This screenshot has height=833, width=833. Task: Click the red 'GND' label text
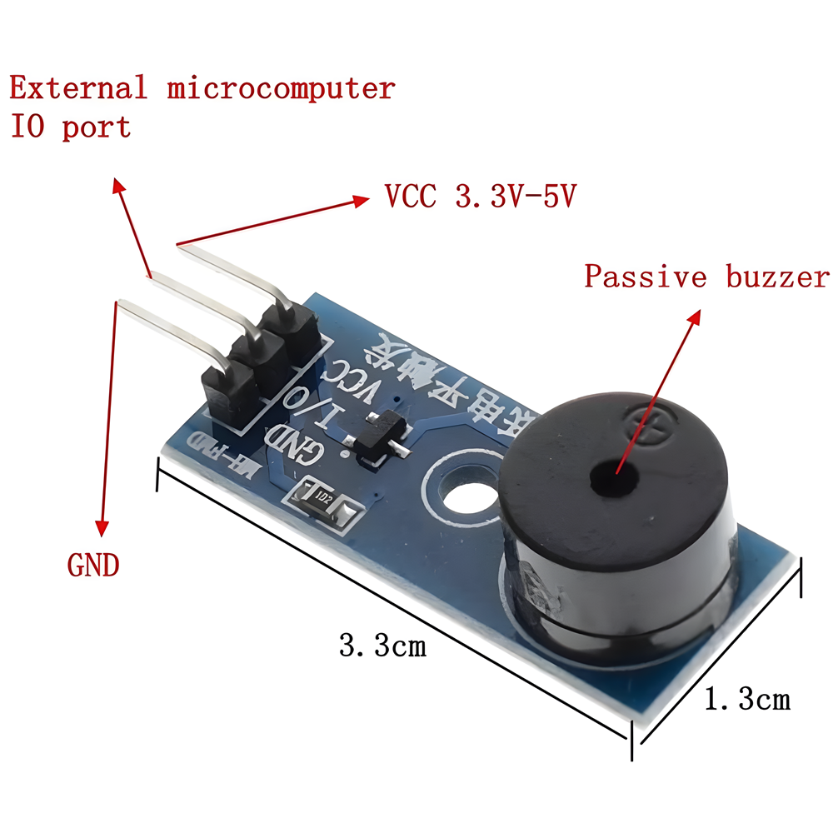[x=93, y=566]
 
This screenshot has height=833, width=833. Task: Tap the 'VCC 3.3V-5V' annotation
[x=481, y=197]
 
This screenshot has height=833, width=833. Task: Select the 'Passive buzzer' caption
[x=706, y=277]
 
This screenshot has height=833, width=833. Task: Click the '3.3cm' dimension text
[x=382, y=645]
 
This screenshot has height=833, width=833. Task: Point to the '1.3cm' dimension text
[x=747, y=699]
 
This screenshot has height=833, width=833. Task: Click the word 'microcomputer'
[x=281, y=87]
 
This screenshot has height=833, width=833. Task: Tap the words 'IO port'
[x=71, y=127]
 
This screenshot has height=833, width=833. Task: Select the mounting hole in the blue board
[x=457, y=491]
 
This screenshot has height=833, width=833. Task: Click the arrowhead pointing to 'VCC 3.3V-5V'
[x=361, y=200]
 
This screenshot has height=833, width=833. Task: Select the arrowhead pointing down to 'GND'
[x=102, y=526]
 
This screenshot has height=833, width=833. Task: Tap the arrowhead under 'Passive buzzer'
[x=693, y=317]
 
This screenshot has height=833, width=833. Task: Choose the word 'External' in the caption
[x=77, y=87]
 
